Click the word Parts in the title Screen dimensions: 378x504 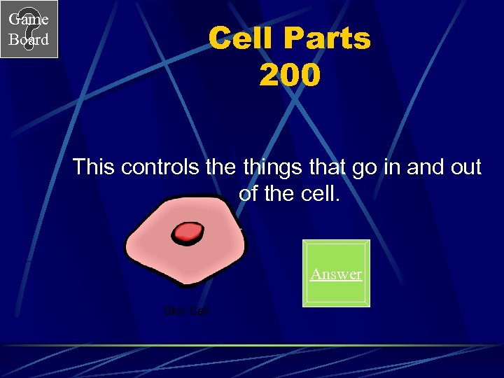330,38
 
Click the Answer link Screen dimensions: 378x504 336,274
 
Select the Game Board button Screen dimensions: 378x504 29,29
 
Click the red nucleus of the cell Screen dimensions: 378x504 188,232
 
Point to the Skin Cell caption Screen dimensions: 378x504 186,311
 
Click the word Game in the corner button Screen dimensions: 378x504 29,20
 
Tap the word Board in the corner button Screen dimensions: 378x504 29,39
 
